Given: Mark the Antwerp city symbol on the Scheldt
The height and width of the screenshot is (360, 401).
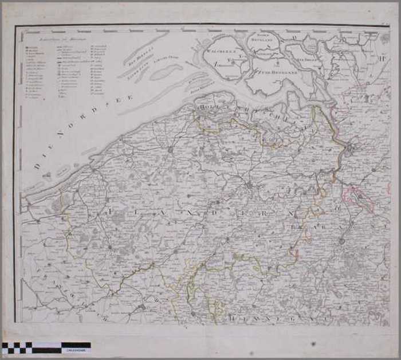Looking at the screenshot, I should click(351, 150).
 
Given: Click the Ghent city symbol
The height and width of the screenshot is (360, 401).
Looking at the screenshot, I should click(249, 185).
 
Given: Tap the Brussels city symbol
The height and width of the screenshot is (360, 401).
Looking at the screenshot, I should click(342, 241).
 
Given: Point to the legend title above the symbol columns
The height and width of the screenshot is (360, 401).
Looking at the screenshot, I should click(52, 38).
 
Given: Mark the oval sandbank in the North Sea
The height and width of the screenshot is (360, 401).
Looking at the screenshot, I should click(166, 71).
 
